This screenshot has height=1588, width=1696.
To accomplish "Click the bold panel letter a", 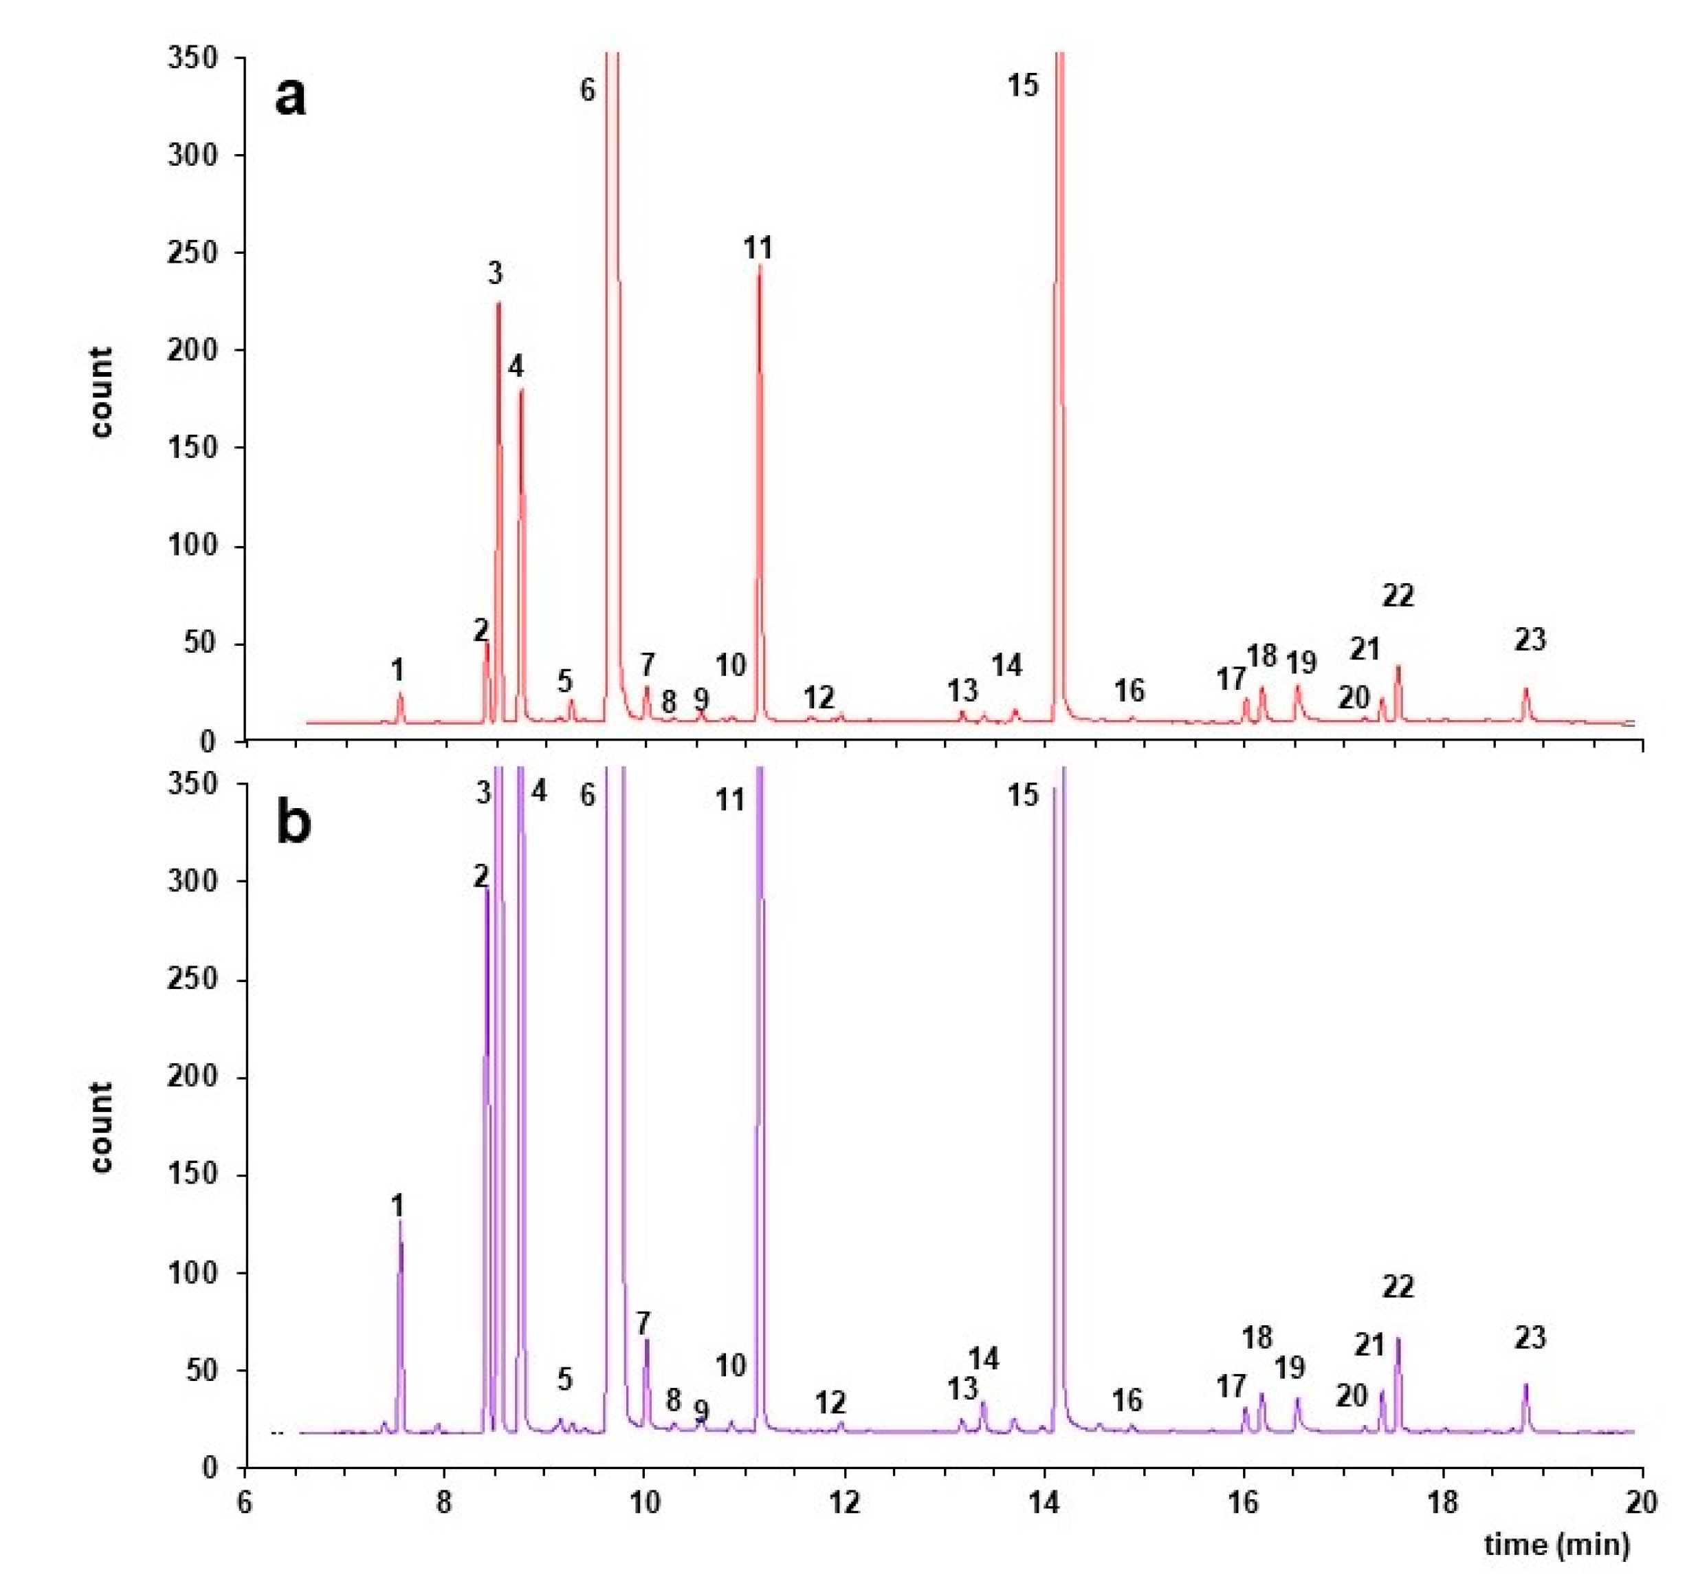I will tap(289, 96).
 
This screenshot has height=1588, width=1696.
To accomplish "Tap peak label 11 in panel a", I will tap(758, 248).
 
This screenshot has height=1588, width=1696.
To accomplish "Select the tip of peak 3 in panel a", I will tap(498, 304).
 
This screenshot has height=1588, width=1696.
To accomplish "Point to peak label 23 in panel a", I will tap(1530, 639).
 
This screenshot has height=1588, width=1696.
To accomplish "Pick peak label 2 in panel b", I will tap(482, 875).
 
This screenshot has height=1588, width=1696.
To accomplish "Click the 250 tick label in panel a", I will tap(192, 252).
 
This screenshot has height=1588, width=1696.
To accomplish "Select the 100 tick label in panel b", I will tap(192, 1273).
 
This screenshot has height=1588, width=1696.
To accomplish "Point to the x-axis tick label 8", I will tap(443, 1503).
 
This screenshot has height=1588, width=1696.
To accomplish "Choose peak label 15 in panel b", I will tap(1023, 795).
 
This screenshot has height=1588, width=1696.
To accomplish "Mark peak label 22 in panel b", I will tap(1398, 1286).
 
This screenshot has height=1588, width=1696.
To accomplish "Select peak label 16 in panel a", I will tap(1130, 690).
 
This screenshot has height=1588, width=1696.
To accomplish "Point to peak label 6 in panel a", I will tap(587, 89).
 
